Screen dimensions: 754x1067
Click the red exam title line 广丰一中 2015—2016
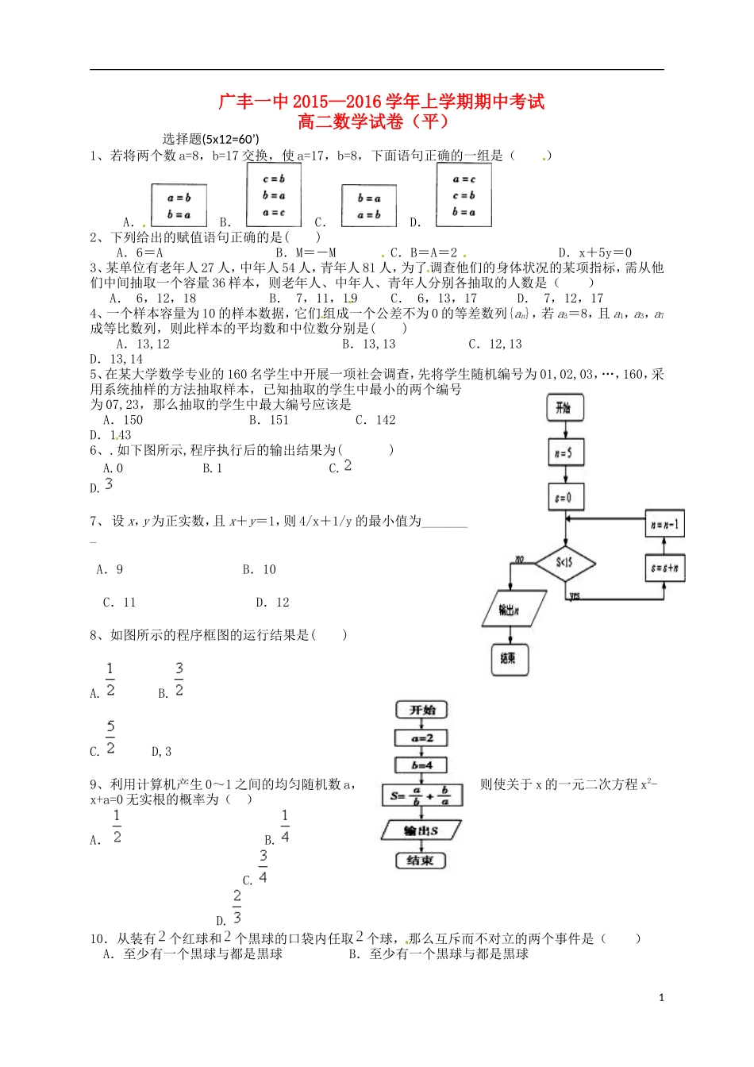pos(381,102)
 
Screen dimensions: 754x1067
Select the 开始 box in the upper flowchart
pos(564,408)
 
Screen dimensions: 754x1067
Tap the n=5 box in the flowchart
pos(564,453)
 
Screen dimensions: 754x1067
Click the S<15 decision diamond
pos(564,563)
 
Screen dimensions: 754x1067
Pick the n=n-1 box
pos(664,524)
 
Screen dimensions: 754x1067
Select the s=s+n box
pos(664,568)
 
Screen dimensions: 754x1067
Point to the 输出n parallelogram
pos(513,609)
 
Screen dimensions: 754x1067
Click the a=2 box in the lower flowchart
pos(421,738)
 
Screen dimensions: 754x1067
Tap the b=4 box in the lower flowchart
pos(421,765)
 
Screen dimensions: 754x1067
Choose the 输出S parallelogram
pos(421,830)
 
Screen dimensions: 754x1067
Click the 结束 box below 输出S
pos(421,861)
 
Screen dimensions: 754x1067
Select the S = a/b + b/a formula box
pos(421,795)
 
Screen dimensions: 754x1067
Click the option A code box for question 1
pos(179,206)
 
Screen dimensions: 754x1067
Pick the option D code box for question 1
pos(464,195)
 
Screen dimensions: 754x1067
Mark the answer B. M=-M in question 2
pos(306,252)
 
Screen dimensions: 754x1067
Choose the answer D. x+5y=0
pos(594,252)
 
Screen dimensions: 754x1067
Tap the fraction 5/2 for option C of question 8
pos(110,738)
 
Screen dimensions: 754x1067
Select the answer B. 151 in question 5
pos(269,420)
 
